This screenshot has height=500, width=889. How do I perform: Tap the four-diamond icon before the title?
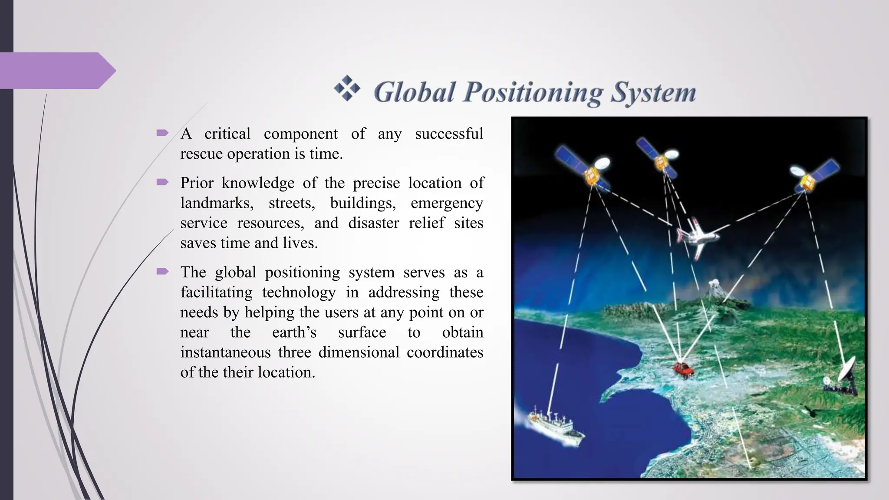click(347, 88)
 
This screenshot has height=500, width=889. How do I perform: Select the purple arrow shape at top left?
click(56, 70)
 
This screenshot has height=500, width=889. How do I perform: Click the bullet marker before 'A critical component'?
click(162, 133)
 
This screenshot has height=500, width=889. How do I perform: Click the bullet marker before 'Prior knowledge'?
click(162, 182)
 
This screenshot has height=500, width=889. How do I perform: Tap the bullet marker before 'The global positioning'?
click(162, 272)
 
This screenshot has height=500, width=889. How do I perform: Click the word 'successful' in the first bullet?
click(449, 134)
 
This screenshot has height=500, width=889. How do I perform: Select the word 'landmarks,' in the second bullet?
click(217, 203)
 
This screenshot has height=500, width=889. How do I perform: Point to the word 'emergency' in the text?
click(447, 203)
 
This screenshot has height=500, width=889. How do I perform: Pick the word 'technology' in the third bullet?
click(299, 292)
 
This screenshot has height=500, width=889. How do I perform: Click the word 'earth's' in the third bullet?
click(294, 332)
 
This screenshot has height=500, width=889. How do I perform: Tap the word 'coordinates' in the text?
click(444, 352)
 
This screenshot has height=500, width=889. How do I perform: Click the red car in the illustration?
click(683, 370)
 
